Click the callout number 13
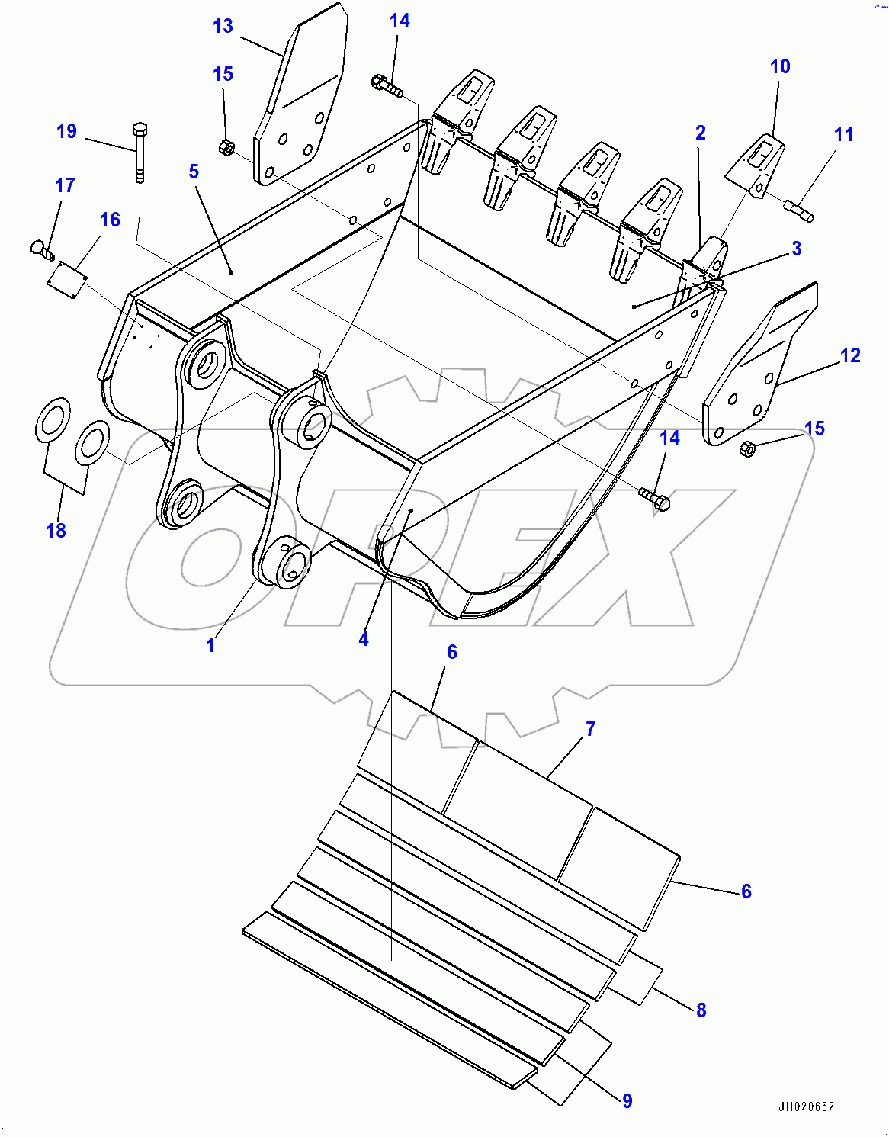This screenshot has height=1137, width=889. point(223,26)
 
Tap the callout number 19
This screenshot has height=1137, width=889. point(67,131)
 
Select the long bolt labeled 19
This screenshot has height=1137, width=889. point(139,152)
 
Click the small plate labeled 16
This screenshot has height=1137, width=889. point(67,275)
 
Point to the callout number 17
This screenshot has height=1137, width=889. point(65,185)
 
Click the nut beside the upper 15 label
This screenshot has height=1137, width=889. point(226,147)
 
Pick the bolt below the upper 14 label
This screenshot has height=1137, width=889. point(387,85)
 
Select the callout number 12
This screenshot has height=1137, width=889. point(850,355)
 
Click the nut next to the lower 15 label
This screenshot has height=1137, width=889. point(748,450)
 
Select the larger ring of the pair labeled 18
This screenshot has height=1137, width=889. point(53,419)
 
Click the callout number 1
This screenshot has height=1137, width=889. point(210,645)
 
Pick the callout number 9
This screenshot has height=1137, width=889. point(627,1100)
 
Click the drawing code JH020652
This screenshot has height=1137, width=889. point(806,1106)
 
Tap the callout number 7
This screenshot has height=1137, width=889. point(590,729)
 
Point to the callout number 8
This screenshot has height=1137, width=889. point(701,1010)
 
